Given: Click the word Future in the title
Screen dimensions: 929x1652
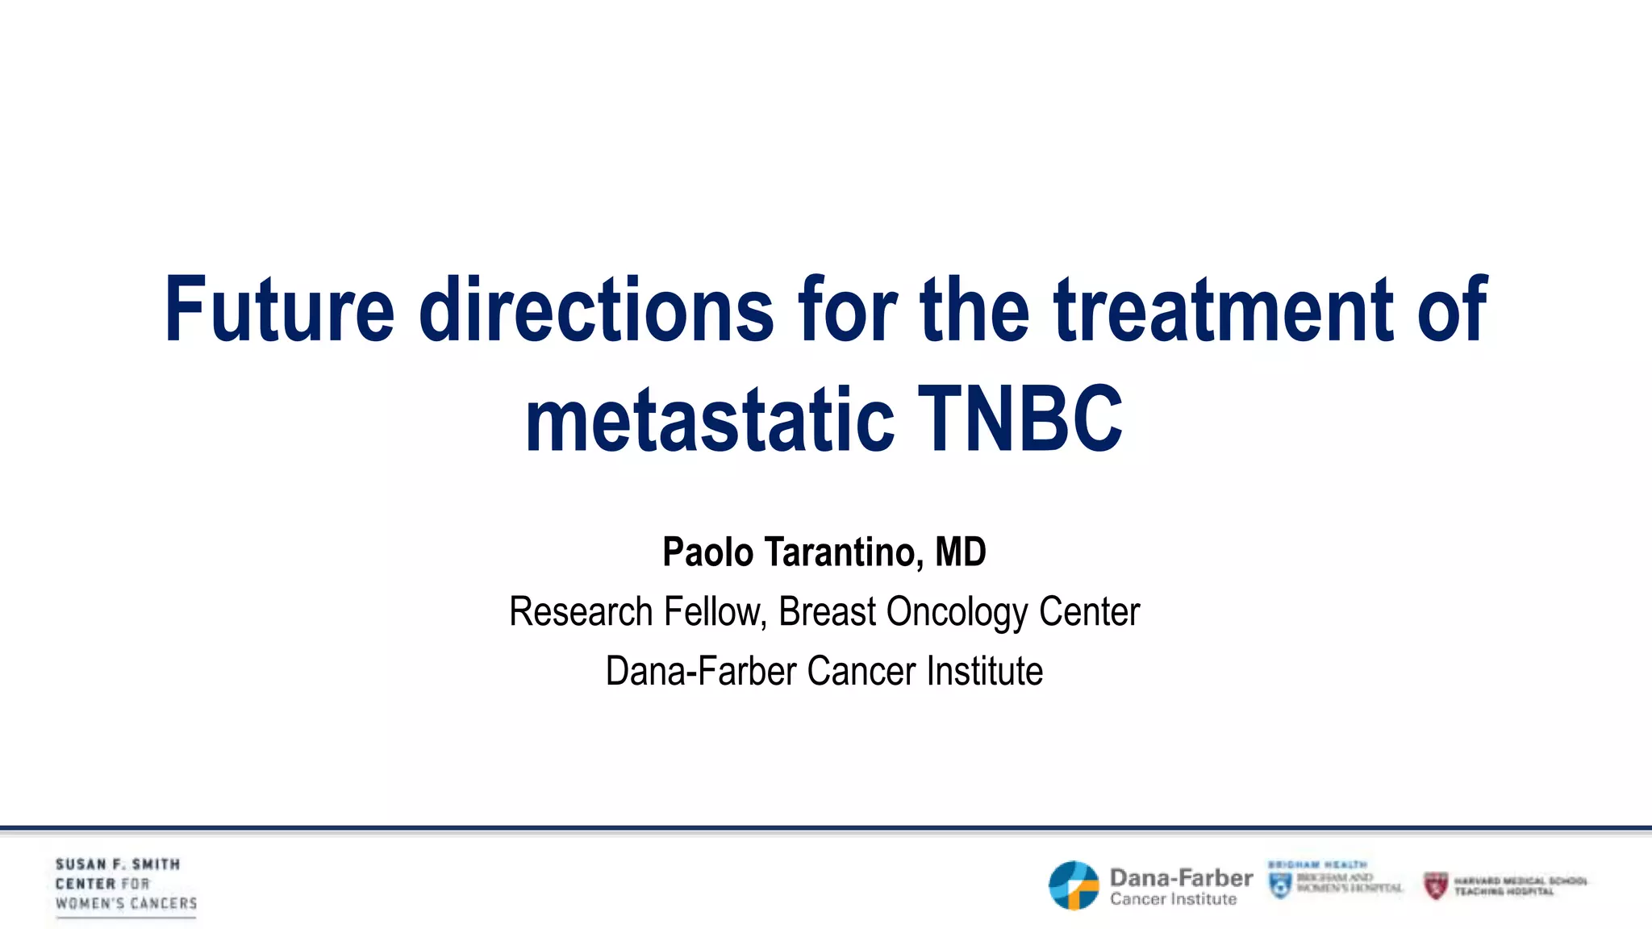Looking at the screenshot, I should pos(279,310).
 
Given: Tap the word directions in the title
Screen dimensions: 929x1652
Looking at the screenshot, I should pos(596,310).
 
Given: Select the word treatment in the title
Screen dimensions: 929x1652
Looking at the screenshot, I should pos(1223,310).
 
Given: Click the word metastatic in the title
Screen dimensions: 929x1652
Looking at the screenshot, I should pos(709,420).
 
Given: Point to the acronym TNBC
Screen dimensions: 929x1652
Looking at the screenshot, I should pos(1020,420).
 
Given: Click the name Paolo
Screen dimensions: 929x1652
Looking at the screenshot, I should pos(707,553).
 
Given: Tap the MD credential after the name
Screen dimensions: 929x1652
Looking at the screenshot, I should pos(960,553).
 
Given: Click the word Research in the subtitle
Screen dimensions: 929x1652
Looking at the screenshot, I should pos(580,612).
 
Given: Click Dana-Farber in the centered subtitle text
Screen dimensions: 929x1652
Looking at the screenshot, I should pos(700,672).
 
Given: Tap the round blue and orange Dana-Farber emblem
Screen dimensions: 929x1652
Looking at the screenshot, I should pos(1074,885).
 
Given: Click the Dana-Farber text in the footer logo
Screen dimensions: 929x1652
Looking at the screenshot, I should pos(1181,878).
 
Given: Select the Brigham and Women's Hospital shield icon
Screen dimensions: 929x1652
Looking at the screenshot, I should pos(1280,885).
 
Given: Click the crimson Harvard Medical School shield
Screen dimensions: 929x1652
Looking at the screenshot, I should pos(1436,885).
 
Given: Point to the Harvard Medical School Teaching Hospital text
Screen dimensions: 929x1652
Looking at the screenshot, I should pos(1520,886).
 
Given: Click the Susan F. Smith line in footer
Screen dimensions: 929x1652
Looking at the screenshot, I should pos(118,864).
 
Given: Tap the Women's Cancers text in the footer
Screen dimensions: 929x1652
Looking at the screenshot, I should pos(126,904).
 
